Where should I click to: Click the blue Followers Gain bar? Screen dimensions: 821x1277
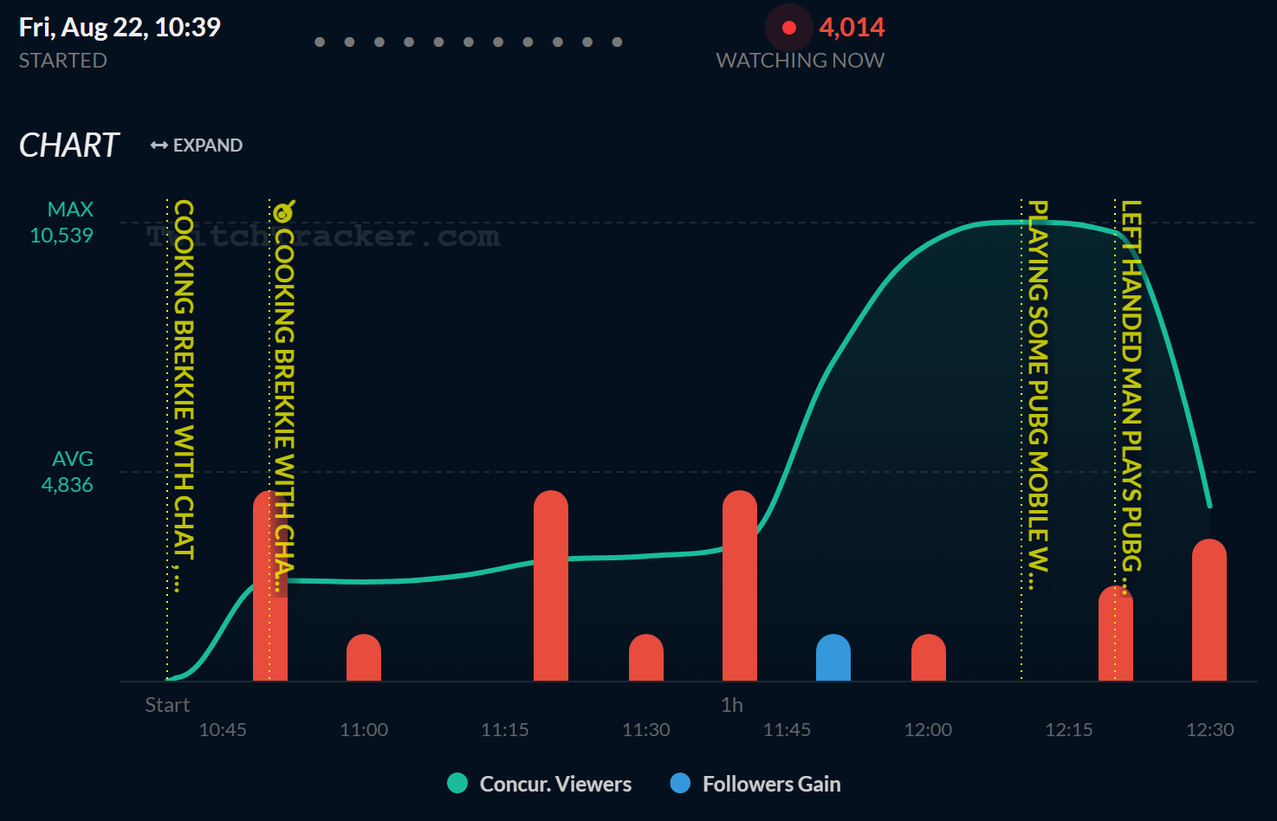point(833,658)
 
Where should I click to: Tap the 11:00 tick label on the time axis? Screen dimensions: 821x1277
point(364,730)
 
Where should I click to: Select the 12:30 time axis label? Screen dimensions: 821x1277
point(1209,730)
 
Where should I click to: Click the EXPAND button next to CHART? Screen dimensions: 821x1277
point(197,145)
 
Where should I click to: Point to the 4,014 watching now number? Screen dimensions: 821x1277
point(852,28)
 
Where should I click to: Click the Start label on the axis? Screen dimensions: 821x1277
point(167,705)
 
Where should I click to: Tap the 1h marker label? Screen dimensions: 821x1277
point(732,705)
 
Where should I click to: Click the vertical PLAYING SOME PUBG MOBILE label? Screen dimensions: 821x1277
point(1038,385)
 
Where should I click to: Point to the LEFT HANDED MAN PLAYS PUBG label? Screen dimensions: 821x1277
point(1131,385)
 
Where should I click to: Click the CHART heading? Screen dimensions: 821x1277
point(68,145)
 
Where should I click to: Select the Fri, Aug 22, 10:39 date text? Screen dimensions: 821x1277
point(120,28)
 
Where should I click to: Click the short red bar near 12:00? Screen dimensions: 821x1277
point(929,658)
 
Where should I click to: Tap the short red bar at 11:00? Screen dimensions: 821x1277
point(364,658)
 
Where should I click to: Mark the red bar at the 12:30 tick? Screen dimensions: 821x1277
point(1209,611)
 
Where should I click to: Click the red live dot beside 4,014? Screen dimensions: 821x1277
point(789,28)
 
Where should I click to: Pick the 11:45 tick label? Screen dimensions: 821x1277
point(787,730)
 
